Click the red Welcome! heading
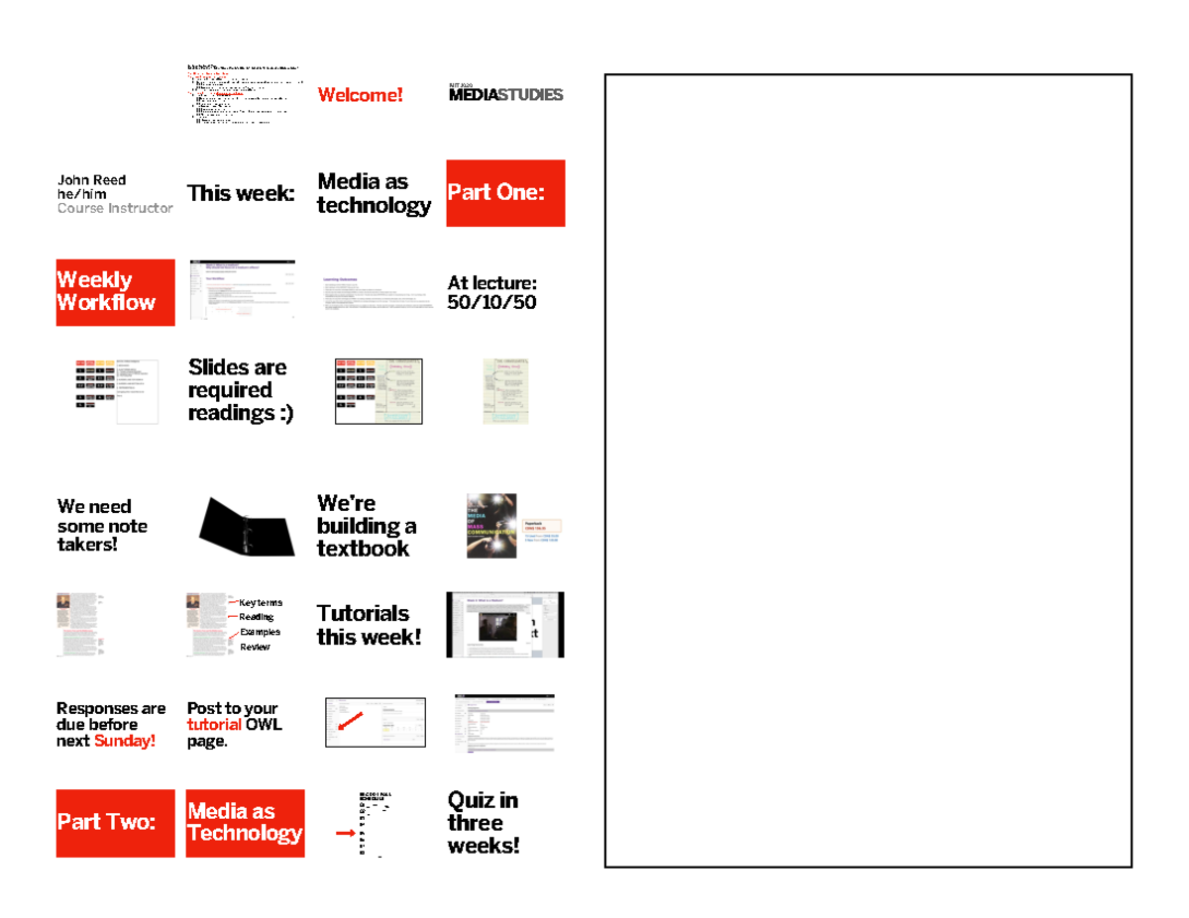[x=360, y=95]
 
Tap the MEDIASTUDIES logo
[x=505, y=95]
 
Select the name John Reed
[x=91, y=180]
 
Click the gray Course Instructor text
[x=115, y=208]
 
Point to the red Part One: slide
[x=505, y=193]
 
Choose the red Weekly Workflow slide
[x=115, y=292]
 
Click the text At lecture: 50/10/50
[x=492, y=293]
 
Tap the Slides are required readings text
[x=240, y=390]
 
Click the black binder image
[x=246, y=527]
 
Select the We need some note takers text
[x=101, y=526]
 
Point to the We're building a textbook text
[x=366, y=526]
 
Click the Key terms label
[x=261, y=602]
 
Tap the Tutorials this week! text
[x=369, y=625]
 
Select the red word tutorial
[x=214, y=725]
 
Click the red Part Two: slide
[x=115, y=823]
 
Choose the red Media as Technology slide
[x=245, y=823]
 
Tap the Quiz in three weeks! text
[x=483, y=823]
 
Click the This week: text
[x=241, y=193]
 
